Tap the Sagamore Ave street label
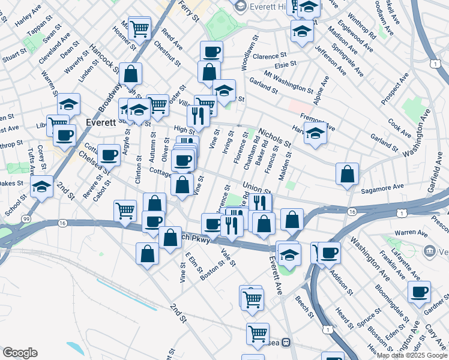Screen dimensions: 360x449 [x=382, y=188]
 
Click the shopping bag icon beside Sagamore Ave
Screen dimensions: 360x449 [x=347, y=175]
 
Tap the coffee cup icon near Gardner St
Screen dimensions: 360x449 [x=418, y=292]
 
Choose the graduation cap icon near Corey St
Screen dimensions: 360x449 [x=41, y=187]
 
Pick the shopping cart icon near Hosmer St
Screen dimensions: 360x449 [x=139, y=28]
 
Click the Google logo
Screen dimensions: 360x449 [x=20, y=352]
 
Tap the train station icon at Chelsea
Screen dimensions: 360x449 [x=286, y=343]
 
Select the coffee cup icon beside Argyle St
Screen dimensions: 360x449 [x=109, y=155]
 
